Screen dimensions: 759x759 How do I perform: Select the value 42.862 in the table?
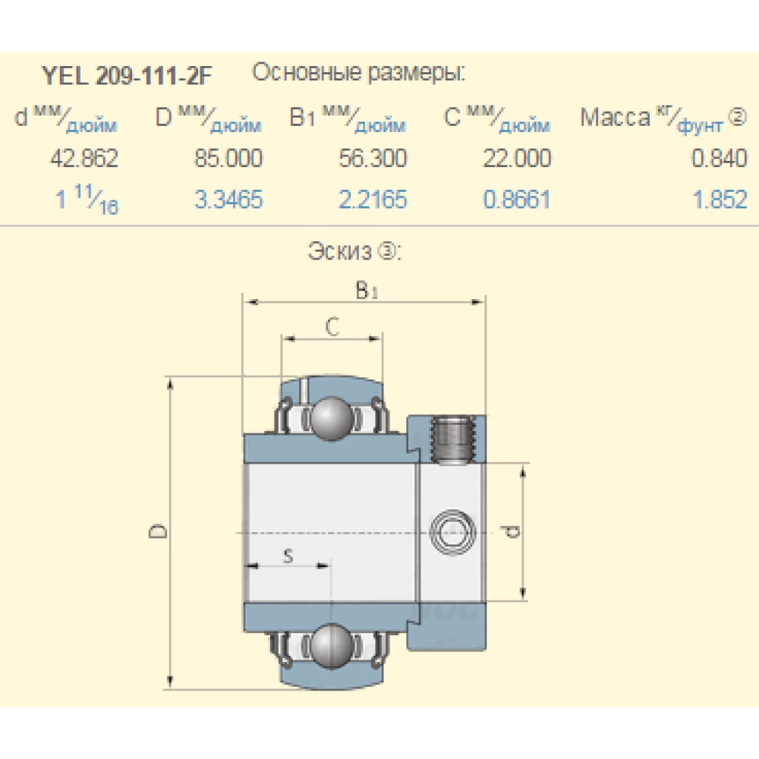tap(83, 159)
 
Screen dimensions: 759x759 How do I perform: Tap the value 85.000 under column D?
tap(228, 159)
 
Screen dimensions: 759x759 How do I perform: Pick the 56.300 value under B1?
tap(373, 159)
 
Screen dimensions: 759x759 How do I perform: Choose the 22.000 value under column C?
tap(517, 159)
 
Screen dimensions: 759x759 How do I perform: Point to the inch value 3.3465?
tap(228, 200)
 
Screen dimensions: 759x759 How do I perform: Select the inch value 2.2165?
tap(373, 200)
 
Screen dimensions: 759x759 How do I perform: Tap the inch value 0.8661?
tap(517, 200)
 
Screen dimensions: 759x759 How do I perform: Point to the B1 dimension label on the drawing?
tap(366, 291)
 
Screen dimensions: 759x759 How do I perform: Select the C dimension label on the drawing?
tap(332, 326)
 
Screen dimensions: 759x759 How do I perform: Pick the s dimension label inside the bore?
tap(288, 556)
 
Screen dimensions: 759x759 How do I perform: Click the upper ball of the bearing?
tap(331, 417)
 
